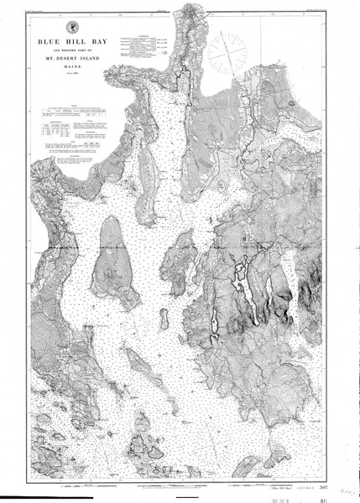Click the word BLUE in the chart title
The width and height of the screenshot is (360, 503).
tap(50, 39)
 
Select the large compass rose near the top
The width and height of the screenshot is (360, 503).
tap(227, 51)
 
